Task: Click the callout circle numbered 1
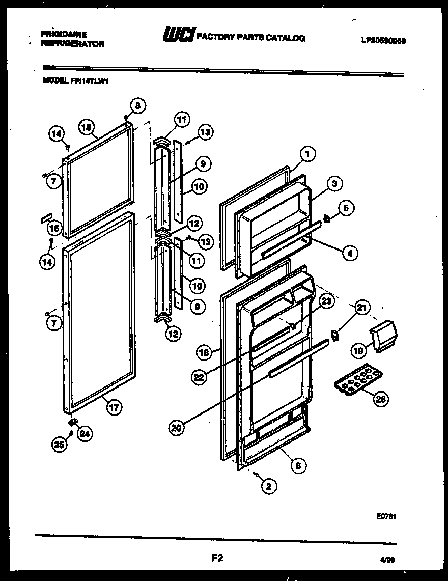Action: click(x=308, y=153)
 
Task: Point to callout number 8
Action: click(x=136, y=106)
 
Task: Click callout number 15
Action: click(x=87, y=126)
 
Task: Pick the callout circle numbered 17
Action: click(x=115, y=407)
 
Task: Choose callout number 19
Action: click(x=358, y=350)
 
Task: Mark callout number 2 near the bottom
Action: click(x=269, y=486)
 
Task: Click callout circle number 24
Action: click(x=85, y=434)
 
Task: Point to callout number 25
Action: click(x=60, y=445)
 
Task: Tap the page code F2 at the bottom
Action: click(x=217, y=558)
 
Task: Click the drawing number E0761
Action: click(x=387, y=516)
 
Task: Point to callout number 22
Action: click(x=200, y=377)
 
